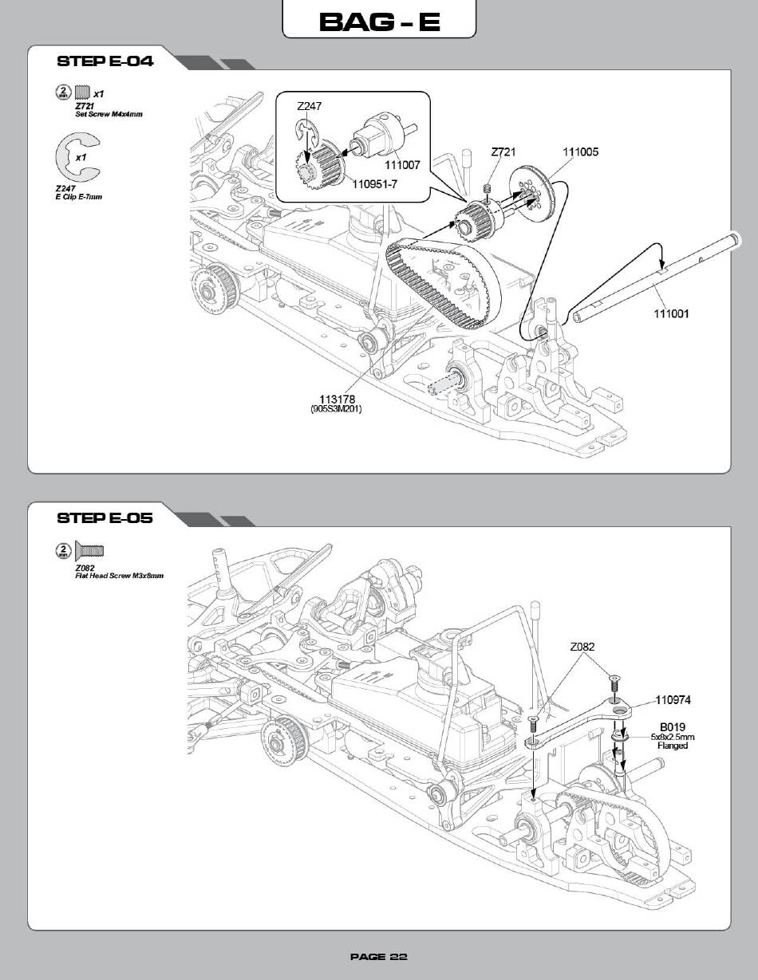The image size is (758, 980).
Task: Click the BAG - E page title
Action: (379, 22)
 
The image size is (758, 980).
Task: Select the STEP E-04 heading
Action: (105, 61)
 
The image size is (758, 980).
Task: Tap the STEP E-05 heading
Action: (105, 518)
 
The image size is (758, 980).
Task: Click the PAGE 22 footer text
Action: (379, 957)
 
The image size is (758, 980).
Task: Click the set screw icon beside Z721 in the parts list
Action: (82, 92)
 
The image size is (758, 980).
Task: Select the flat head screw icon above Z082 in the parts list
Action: (89, 550)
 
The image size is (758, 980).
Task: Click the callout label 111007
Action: (402, 165)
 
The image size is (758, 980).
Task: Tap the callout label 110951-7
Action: (374, 184)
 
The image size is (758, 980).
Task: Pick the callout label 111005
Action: (581, 152)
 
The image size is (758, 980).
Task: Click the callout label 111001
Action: (671, 313)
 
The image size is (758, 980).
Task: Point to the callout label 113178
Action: (337, 399)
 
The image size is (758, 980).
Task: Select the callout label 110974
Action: (673, 700)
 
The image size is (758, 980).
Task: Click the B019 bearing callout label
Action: (673, 727)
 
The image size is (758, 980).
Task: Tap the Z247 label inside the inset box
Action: (310, 106)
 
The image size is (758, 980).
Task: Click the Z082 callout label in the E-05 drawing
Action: (582, 647)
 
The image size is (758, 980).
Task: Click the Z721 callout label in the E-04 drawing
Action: (503, 152)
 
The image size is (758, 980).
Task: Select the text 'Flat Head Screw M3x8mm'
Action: (119, 576)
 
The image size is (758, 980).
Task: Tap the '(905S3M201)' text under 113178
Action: (336, 409)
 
